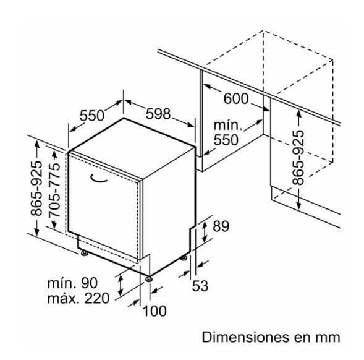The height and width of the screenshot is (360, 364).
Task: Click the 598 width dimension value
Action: [158, 114]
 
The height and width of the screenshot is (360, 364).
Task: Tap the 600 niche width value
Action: [236, 98]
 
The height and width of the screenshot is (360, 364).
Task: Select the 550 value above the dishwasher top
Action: [92, 116]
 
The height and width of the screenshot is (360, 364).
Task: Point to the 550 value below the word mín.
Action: [226, 140]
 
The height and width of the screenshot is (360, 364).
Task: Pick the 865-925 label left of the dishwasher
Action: [36, 188]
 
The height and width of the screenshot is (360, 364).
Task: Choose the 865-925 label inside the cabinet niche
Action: [298, 158]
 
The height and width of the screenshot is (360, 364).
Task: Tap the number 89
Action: [221, 226]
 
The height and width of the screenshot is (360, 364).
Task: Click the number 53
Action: [200, 286]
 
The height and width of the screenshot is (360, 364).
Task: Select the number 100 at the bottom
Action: [154, 311]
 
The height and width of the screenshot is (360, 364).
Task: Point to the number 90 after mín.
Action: [89, 283]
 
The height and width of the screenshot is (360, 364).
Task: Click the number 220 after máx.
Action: [97, 298]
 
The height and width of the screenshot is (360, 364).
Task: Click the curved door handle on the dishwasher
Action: [98, 179]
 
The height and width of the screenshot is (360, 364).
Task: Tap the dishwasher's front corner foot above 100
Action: [148, 278]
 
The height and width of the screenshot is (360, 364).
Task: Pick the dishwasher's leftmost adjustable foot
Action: [84, 254]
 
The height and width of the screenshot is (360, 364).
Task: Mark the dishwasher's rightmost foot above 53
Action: [184, 258]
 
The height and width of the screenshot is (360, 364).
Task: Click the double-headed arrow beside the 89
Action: [205, 232]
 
